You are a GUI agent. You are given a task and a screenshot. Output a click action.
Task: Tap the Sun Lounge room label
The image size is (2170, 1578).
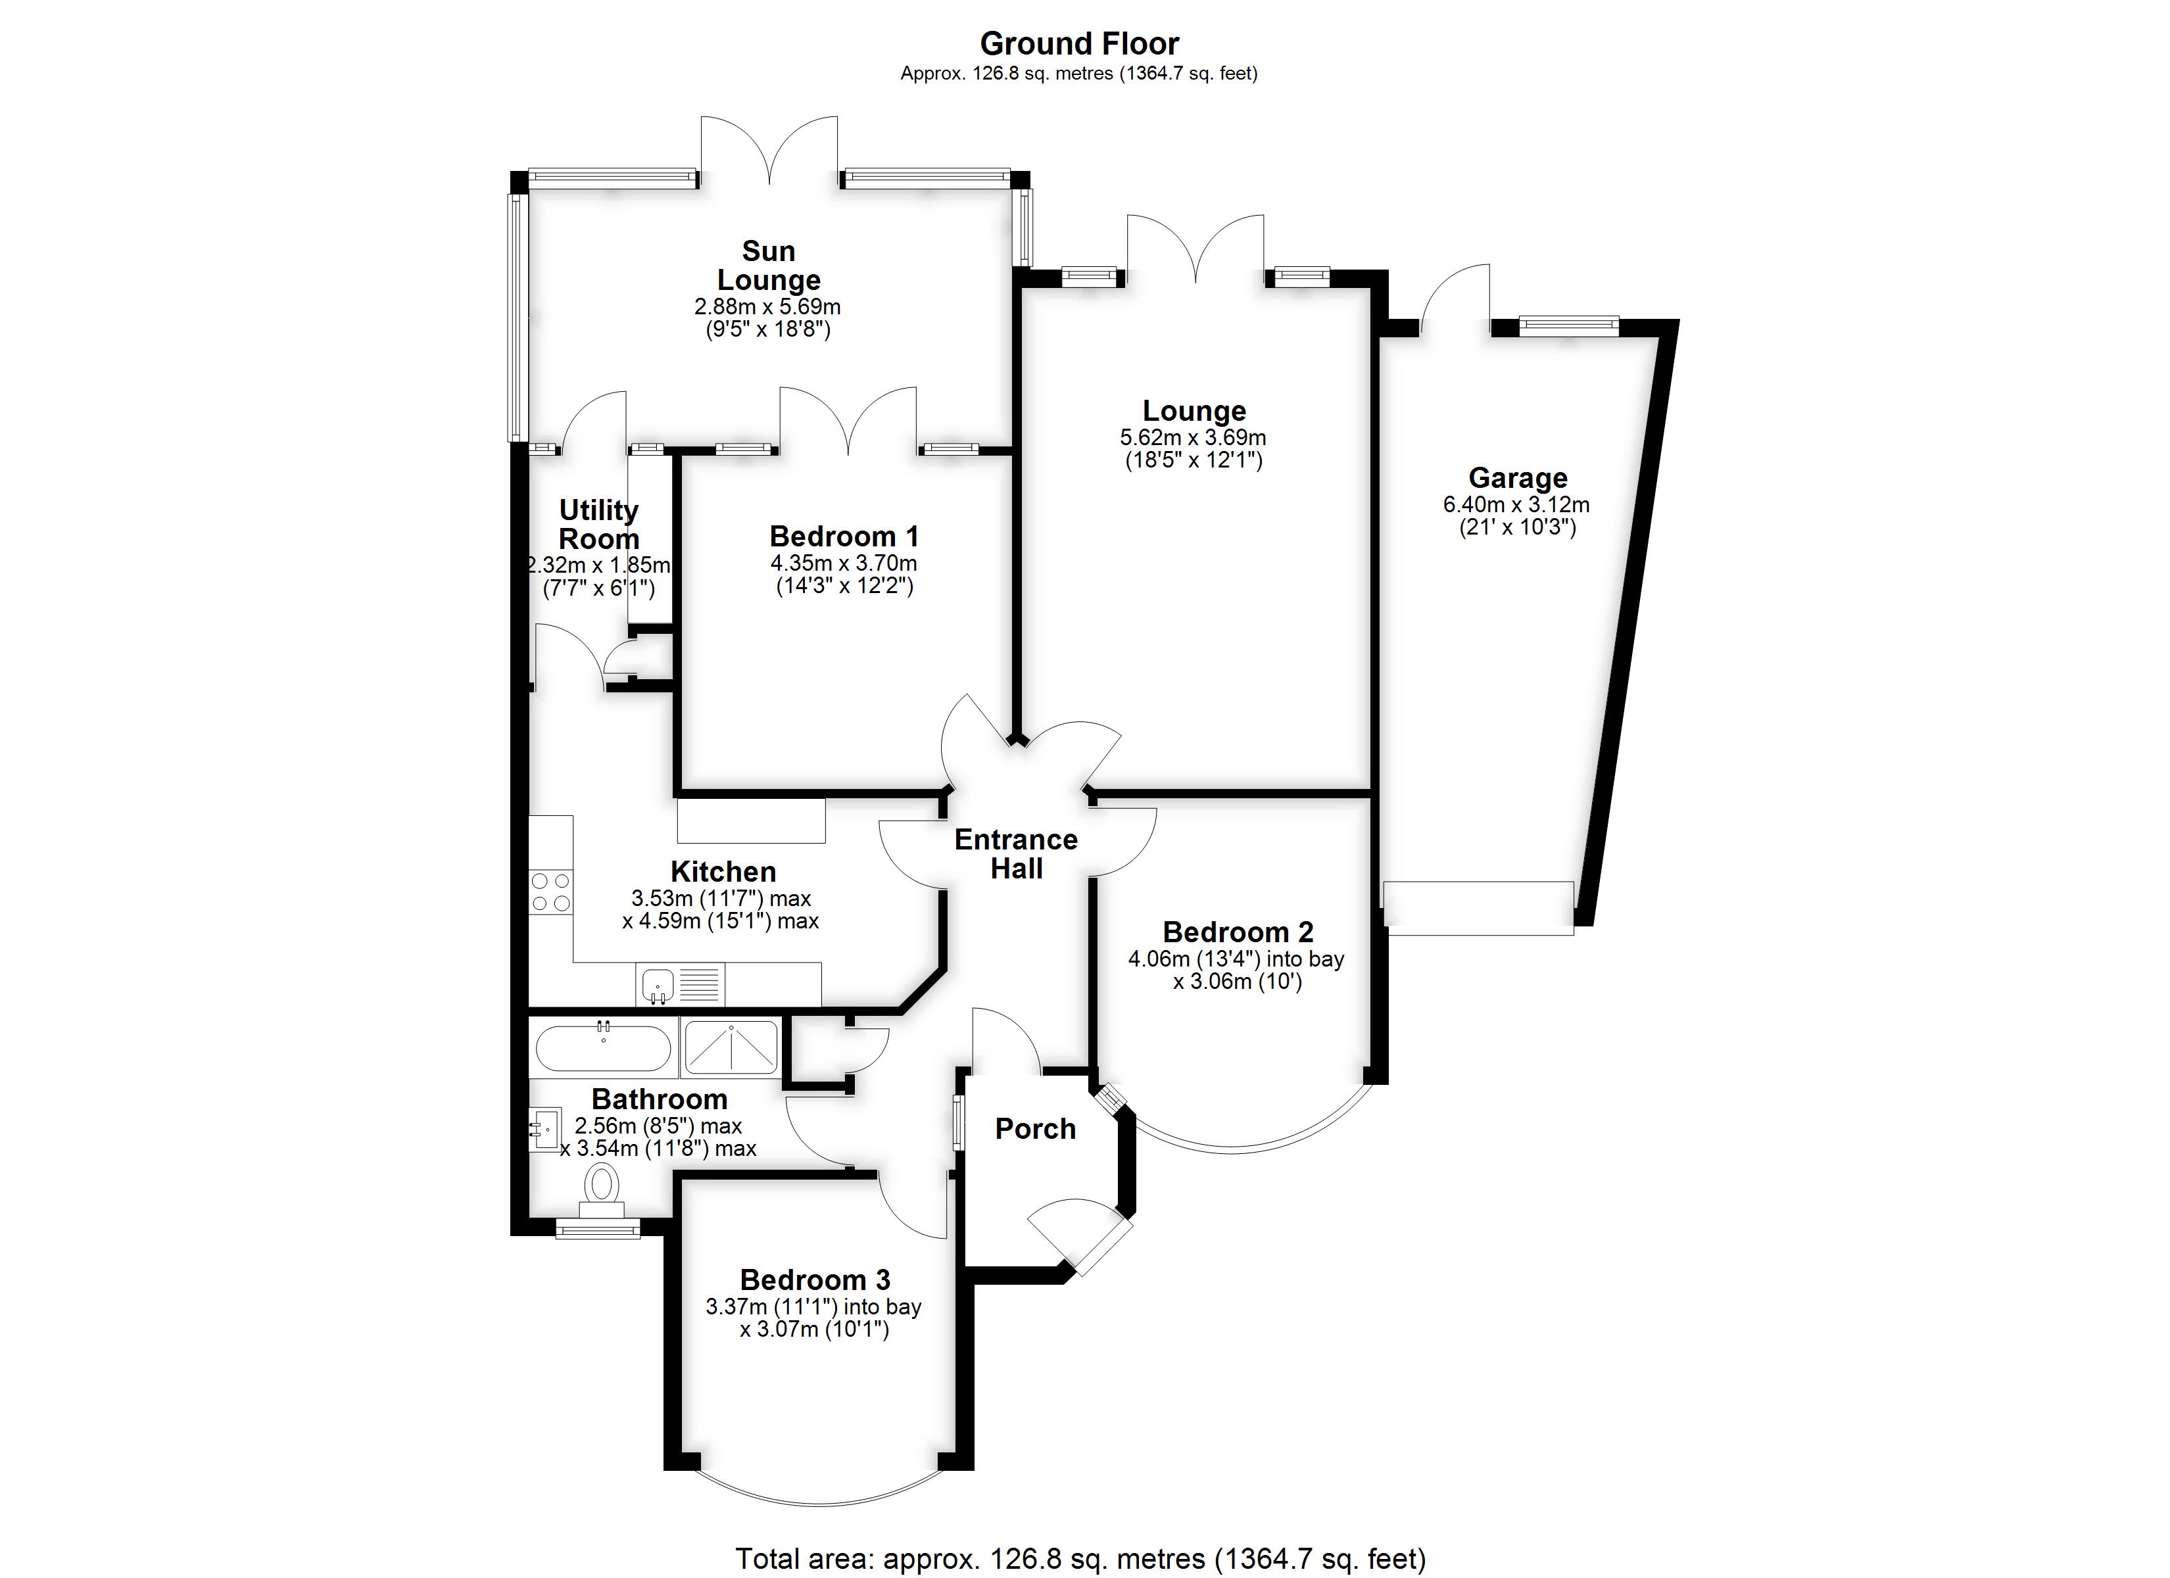tap(768, 265)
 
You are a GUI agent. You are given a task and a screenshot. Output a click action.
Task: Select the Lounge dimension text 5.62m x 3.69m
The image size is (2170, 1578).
tap(1193, 437)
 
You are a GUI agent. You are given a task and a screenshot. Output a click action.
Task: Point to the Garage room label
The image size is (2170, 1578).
tap(1518, 477)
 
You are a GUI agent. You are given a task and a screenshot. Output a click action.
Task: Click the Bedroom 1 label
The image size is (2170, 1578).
tap(844, 536)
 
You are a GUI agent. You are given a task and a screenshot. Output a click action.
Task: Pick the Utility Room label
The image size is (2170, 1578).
tap(599, 525)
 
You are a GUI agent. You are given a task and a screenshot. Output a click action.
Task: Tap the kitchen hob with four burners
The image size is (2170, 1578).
tap(550, 891)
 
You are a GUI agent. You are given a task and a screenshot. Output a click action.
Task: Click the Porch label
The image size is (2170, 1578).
tap(1035, 1129)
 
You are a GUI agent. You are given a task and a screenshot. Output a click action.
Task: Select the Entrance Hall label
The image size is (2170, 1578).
tap(1016, 853)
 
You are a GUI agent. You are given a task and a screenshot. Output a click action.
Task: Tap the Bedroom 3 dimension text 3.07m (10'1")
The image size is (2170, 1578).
tap(814, 1329)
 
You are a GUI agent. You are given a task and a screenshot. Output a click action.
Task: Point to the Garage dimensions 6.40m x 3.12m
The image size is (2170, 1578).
tap(1516, 504)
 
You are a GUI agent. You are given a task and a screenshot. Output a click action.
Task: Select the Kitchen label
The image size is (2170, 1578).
tap(723, 872)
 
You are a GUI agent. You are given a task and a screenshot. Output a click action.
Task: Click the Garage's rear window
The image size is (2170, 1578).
tap(1569, 326)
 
